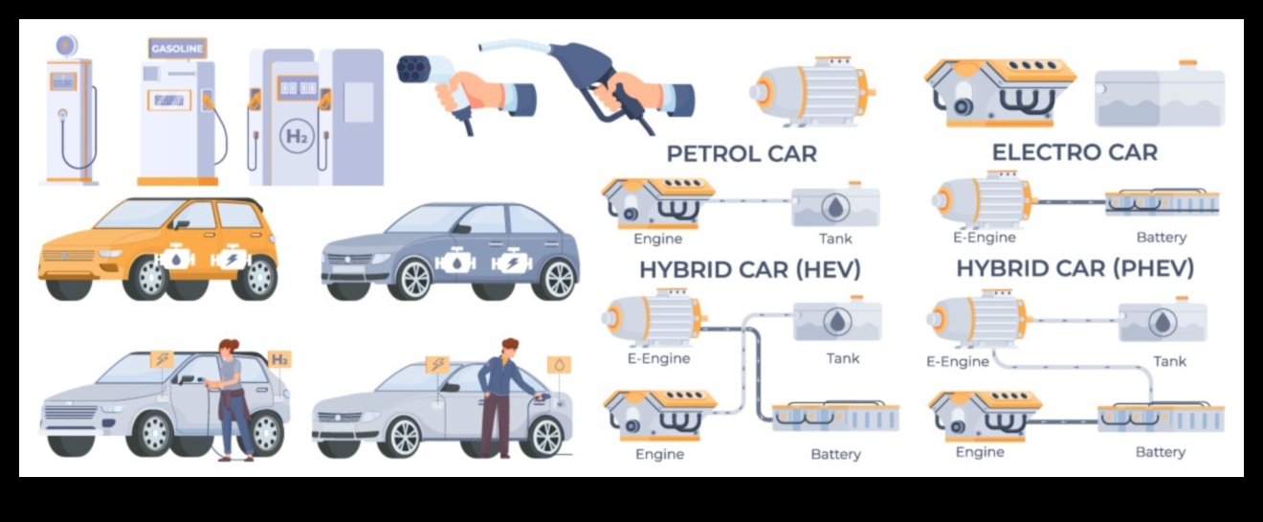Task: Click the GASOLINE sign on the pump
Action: [177, 49]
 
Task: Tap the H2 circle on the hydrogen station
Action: [297, 137]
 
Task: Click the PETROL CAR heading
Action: [742, 154]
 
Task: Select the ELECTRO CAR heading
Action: [1075, 152]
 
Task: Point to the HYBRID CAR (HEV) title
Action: [750, 270]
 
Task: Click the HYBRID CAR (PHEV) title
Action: [1075, 268]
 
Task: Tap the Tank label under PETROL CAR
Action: [835, 238]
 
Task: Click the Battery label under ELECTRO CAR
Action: [1162, 238]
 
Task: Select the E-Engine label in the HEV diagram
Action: [658, 358]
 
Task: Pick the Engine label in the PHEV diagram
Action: [980, 452]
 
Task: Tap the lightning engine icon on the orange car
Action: [231, 259]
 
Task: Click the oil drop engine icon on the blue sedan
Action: [455, 262]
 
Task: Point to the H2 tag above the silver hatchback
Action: [279, 359]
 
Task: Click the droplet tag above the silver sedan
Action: [559, 365]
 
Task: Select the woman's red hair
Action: [229, 345]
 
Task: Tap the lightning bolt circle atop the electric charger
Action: [67, 45]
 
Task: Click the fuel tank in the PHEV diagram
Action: [1163, 320]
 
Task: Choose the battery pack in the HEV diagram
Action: [835, 416]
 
